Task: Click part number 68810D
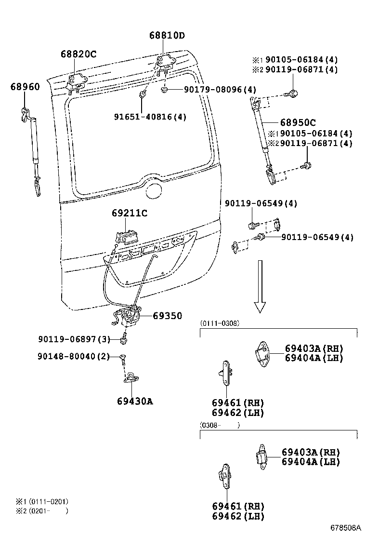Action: click(167, 36)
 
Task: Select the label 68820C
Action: click(78, 54)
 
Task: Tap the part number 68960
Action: click(25, 87)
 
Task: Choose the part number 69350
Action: click(167, 316)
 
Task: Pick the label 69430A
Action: click(134, 401)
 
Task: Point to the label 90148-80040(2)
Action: click(74, 356)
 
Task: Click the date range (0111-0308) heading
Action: click(220, 323)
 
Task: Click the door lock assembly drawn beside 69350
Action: click(129, 318)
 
